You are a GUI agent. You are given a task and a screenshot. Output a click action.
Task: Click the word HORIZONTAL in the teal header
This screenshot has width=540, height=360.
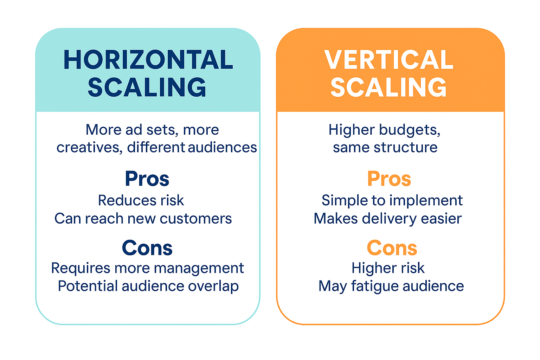pos(148,60)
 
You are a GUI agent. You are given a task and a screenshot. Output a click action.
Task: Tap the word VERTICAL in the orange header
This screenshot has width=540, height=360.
pos(389,60)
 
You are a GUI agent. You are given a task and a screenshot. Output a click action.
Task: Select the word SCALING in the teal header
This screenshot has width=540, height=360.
pos(147,87)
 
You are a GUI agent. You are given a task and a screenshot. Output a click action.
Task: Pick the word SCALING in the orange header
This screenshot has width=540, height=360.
pos(389,87)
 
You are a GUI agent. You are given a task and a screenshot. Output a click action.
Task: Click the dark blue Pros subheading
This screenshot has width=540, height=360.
pos(147,179)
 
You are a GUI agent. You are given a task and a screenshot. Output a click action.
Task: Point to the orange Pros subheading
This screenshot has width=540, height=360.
pos(389,179)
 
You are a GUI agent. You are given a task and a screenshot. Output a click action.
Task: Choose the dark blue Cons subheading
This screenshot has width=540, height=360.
pos(147,248)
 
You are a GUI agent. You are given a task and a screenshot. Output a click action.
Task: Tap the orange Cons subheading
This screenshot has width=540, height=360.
pos(392,248)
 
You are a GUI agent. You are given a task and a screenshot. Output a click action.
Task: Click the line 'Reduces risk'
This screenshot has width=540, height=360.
pos(141,200)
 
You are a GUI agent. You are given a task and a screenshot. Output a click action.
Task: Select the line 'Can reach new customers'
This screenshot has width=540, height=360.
pos(143,219)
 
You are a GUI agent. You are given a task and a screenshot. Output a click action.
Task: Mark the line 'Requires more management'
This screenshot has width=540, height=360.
pos(147,268)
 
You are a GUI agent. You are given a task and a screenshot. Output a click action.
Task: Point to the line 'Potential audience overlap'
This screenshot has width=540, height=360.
pos(148,286)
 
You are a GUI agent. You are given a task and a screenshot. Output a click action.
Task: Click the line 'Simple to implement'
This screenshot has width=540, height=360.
pos(392,200)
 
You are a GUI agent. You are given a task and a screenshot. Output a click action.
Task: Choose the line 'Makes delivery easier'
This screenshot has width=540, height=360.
pos(387,219)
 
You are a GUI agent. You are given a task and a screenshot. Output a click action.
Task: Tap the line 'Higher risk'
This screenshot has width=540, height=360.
pos(388,268)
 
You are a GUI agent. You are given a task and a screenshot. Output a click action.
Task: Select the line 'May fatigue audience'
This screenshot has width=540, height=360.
pos(391,286)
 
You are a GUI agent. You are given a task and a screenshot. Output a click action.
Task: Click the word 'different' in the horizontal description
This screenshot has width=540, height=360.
pos(156,148)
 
